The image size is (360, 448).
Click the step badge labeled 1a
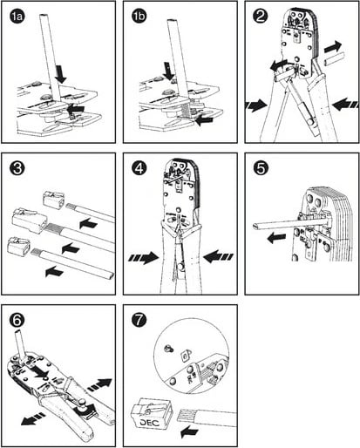coord(17,17)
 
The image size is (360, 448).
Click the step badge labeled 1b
coord(139,17)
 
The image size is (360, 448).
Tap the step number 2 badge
coord(261,17)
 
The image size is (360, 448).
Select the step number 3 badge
coord(17,169)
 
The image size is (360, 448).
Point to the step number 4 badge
coord(139,169)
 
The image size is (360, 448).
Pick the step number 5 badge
coord(261,169)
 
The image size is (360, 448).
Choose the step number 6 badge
coord(17,321)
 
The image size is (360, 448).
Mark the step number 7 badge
coord(139,321)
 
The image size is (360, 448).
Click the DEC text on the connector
coord(150,423)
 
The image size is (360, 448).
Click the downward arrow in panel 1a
coord(61,74)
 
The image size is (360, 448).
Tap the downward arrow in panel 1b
coord(168,71)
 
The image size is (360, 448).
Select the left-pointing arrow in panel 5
coord(277,239)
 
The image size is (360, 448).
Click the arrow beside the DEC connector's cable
coord(189,432)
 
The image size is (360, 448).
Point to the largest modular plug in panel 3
coord(28,221)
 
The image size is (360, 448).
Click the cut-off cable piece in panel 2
coord(334,59)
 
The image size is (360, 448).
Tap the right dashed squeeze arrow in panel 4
coord(218,257)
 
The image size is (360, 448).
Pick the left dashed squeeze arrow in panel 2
coord(255,105)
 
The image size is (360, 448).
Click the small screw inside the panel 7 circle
coord(168,348)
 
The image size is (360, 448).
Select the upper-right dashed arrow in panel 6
coord(99,384)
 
